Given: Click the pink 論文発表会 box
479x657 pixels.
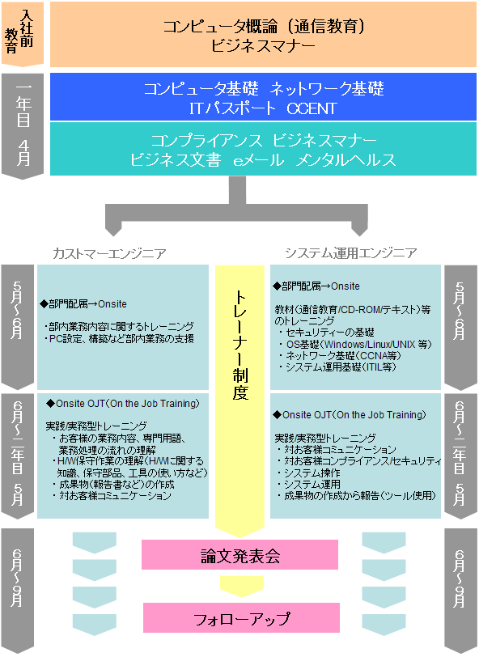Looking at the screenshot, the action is pos(239,554).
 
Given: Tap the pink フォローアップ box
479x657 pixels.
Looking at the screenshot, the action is pos(241,617).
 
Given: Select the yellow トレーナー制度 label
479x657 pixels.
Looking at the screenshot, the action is pos(240,345).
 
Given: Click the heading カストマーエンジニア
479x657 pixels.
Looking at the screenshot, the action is pos(109,253).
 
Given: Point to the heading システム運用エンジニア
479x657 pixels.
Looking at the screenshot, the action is pos(351,253).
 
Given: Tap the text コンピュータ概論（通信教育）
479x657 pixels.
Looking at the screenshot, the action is pos(264,27).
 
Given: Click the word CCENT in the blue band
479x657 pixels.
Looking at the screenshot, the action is pos(312,108).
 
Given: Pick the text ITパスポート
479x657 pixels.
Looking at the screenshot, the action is pos(232,108).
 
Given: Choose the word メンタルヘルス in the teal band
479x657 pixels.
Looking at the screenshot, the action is pos(345,159).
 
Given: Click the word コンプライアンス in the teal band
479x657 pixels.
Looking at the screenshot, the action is pos(206,140).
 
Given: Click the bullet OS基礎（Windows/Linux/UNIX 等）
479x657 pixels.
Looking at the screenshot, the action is pos(355,345).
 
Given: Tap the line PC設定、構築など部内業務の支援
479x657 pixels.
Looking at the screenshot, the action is pos(120,338).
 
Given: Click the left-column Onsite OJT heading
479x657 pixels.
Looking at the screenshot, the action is pos(123,404).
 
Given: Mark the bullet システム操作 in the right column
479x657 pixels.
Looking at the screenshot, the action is pos(309,473).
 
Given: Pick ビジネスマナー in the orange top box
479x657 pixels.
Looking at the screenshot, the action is pos(263,45).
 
